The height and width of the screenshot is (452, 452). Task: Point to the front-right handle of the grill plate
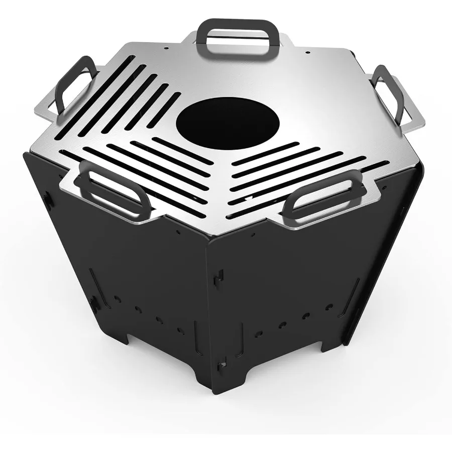pyautogui.click(x=327, y=197)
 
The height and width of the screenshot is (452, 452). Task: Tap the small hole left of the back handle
pyautogui.click(x=166, y=48)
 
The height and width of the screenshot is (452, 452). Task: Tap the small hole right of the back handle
pyautogui.click(x=307, y=52)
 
